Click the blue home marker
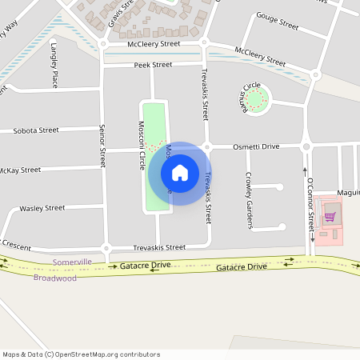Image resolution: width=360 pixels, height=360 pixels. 180,172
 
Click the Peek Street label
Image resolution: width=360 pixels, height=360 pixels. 153,65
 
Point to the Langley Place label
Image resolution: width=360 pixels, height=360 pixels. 54,64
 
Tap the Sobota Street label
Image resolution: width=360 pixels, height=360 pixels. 36,130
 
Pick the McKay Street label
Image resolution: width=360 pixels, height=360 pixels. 19,170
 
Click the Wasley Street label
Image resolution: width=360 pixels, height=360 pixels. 42,208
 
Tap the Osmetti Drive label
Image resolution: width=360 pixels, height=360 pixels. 256,147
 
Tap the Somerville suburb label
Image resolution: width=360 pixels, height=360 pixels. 72,262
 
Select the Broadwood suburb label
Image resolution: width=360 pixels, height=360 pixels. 54,278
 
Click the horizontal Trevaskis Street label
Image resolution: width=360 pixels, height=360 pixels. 159,247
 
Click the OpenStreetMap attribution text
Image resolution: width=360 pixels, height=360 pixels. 81,354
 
